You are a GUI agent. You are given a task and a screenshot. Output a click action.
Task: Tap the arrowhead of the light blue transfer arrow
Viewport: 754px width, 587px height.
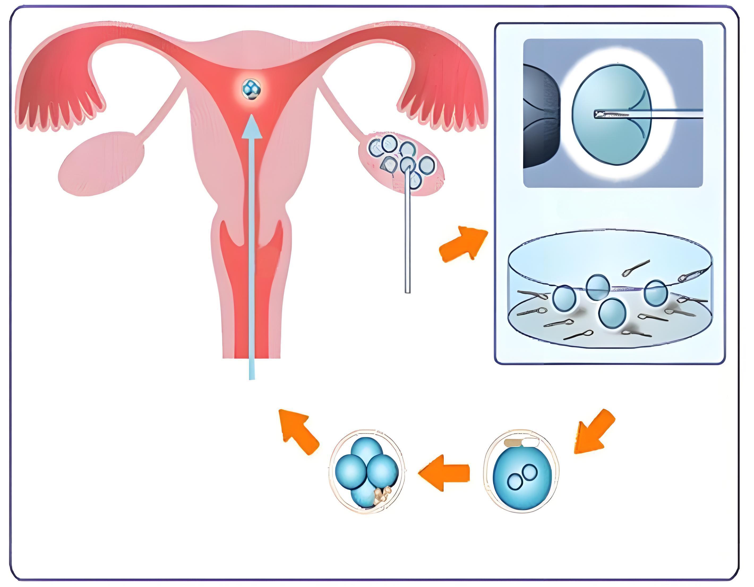tap(252, 126)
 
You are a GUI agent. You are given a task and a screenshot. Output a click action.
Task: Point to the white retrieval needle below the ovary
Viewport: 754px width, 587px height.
tap(408, 241)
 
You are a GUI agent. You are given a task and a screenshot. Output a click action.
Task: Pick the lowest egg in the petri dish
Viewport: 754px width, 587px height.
tap(612, 313)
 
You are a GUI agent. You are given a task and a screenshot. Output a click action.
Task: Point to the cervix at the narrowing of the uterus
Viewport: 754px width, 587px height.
tap(252, 235)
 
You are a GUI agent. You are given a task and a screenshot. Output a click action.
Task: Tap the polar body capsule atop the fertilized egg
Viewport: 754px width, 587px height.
tap(522, 442)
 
